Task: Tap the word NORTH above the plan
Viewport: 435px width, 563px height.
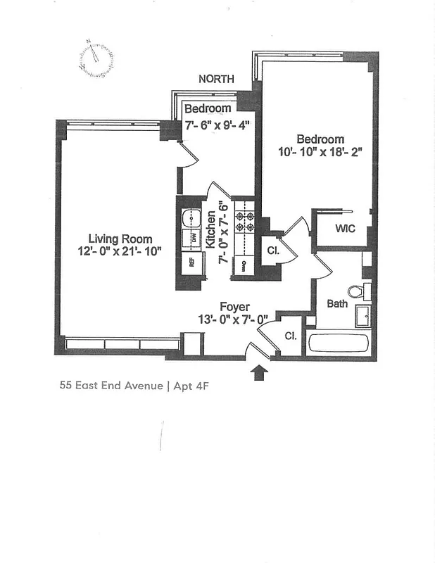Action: coord(216,79)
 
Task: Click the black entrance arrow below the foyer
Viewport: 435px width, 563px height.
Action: coord(259,371)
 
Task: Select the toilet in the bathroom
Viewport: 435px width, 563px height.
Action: coord(356,290)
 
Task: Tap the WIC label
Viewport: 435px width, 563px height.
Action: coord(345,229)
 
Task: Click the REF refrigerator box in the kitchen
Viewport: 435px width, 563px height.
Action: coord(190,264)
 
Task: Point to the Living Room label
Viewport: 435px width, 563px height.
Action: coord(120,239)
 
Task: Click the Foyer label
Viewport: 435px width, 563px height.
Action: coord(232,306)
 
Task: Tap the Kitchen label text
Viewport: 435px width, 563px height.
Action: coord(210,229)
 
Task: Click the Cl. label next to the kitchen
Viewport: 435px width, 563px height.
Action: coord(273,251)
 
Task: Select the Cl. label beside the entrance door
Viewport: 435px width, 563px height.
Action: coord(291,336)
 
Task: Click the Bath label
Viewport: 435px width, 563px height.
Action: coord(337,304)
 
